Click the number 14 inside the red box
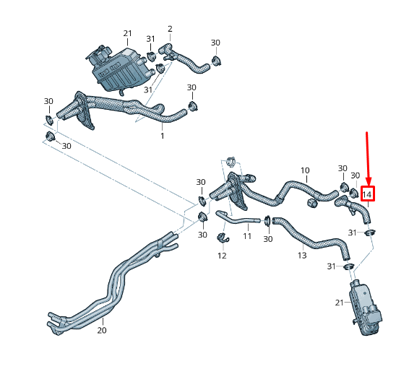[367, 194]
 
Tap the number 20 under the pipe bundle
[101, 331]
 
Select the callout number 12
[222, 256]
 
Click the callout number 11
[247, 236]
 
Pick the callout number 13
[302, 255]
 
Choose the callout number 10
[305, 171]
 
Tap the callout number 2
[170, 29]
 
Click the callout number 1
[162, 135]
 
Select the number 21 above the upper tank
[128, 33]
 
